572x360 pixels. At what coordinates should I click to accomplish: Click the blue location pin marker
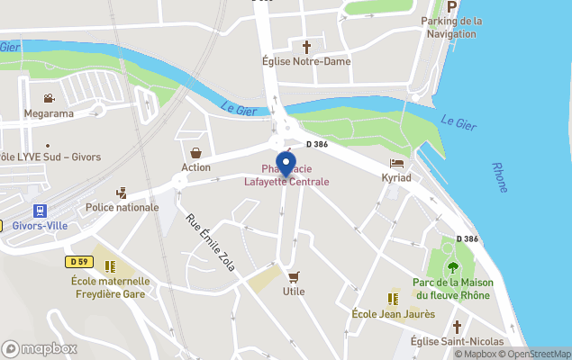coord(286,165)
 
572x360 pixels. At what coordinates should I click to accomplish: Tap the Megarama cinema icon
coord(49,98)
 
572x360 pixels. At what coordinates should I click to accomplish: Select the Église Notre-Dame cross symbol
coord(305,46)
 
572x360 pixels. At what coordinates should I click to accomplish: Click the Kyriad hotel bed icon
coord(396,163)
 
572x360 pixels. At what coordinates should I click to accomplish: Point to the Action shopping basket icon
coord(195,152)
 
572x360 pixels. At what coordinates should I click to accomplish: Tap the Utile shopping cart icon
coord(293,276)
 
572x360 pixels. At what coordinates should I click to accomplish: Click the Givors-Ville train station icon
coord(40,211)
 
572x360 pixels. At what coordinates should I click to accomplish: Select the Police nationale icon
coord(122,193)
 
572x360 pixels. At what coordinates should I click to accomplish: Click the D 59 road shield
coord(78,261)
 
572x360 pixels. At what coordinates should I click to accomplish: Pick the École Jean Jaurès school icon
coord(393,298)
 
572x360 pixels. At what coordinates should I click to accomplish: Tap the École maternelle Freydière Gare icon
coord(110,266)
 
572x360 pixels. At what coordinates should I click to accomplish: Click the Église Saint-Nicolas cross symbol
coord(457,326)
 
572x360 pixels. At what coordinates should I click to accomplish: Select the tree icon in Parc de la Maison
coord(452,266)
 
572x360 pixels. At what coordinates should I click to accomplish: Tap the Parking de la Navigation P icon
coord(452,5)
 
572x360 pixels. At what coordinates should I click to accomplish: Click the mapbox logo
coord(40,348)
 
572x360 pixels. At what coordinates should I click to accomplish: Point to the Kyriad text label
coord(396,178)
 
